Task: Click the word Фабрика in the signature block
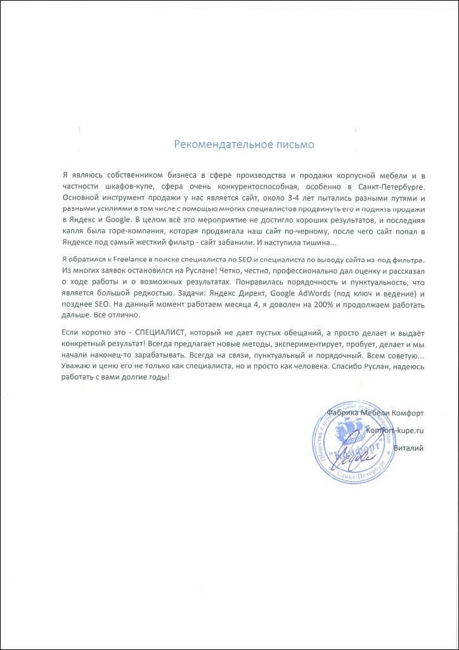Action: click(x=344, y=413)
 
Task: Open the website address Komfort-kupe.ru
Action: click(x=394, y=430)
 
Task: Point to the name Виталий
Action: click(x=408, y=448)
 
